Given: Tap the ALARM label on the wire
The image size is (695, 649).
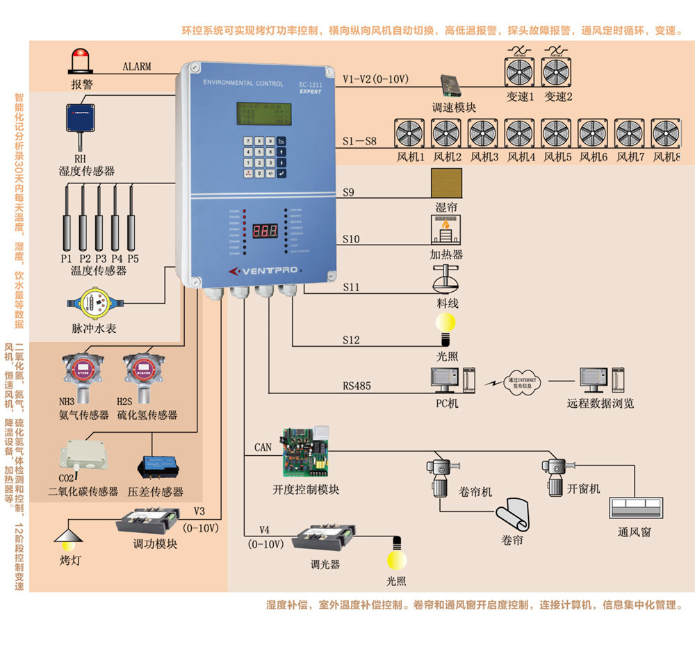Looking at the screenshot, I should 137,67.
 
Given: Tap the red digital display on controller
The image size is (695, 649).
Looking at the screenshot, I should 264,230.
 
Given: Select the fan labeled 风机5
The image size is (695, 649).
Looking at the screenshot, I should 556,134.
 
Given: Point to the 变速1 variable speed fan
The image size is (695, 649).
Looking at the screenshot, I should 519,72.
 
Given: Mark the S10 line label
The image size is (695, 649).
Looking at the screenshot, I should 351,239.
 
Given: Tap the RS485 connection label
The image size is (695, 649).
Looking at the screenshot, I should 357,386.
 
